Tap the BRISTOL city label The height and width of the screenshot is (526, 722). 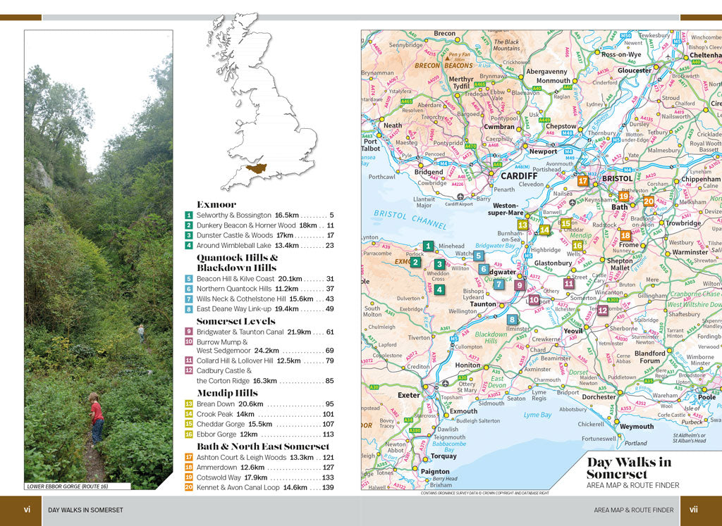618,179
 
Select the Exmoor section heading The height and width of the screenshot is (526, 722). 216,205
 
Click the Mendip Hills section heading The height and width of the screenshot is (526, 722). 227,393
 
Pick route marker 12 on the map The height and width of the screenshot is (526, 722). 603,310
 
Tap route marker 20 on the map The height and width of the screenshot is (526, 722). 649,201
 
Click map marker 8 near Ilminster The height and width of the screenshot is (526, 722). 513,320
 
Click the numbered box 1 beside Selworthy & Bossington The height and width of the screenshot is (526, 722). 189,215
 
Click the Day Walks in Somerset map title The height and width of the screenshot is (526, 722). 629,468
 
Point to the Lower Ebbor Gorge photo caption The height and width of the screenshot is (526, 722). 78,487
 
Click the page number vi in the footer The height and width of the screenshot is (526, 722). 27,510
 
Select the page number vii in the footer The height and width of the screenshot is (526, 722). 694,510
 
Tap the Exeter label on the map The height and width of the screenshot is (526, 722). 408,395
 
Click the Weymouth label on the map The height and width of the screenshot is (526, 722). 637,426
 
